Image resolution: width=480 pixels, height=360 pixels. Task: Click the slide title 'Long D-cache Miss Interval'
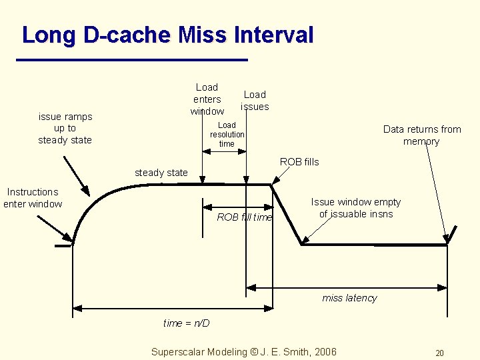(167, 35)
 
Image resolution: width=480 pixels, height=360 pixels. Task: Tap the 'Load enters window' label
(207, 99)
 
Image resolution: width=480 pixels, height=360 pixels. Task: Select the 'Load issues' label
(255, 101)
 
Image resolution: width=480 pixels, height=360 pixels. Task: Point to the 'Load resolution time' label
(227, 134)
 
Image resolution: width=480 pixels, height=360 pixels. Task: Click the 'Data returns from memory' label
(421, 135)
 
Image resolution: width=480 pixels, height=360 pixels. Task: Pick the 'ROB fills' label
(299, 162)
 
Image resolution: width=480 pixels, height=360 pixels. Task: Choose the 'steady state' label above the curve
(161, 173)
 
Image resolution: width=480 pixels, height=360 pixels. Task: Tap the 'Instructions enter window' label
(33, 198)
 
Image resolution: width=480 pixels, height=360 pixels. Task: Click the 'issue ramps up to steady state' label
(65, 128)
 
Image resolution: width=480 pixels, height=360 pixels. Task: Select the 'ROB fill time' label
(245, 217)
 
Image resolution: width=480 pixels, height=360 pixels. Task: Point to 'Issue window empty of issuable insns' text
(356, 208)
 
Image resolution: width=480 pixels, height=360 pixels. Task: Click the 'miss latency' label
(349, 298)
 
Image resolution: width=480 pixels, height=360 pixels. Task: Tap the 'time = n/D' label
(187, 323)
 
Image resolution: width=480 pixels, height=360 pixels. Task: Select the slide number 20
(439, 353)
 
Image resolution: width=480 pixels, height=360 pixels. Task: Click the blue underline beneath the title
(131, 61)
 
